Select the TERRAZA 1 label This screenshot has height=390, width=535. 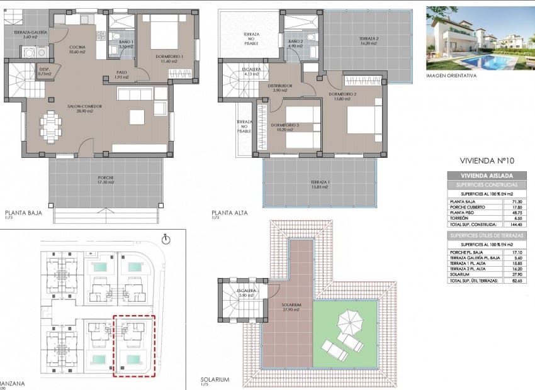[320, 184]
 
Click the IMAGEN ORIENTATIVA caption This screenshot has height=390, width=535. [451, 75]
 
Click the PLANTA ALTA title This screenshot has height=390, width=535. [230, 213]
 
